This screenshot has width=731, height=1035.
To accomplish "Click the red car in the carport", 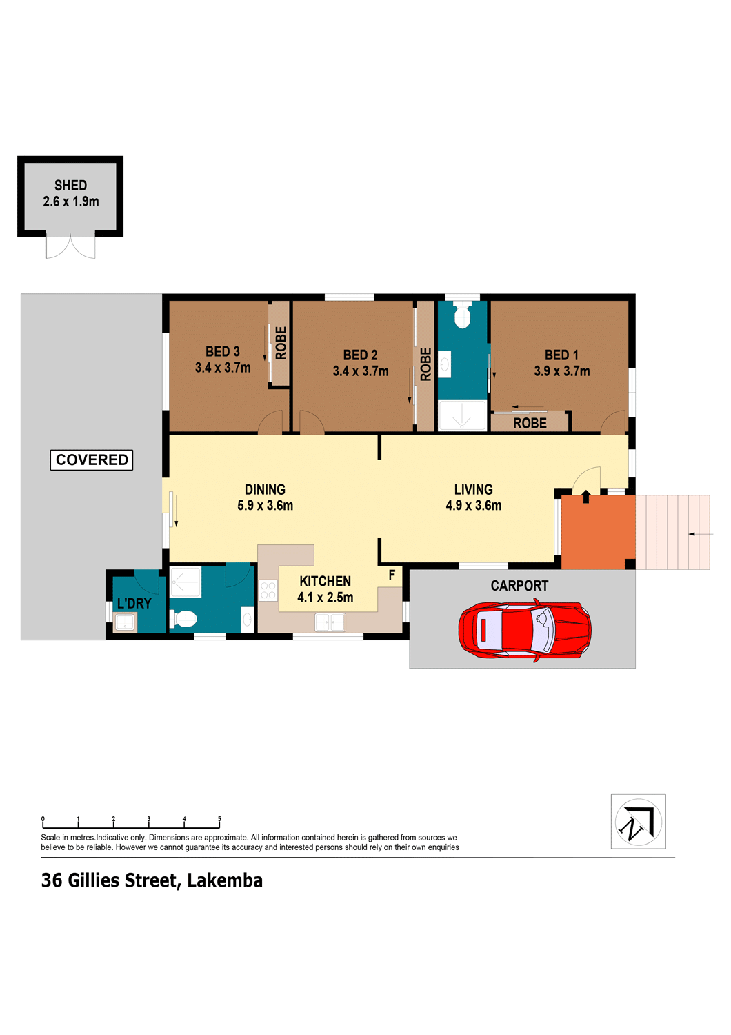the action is (x=524, y=630).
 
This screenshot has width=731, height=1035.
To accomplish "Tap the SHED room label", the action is (x=70, y=186).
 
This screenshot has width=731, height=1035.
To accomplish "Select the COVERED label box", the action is (x=92, y=460).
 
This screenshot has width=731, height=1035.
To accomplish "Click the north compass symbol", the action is (x=638, y=822).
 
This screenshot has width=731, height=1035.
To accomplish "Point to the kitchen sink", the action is (x=330, y=622).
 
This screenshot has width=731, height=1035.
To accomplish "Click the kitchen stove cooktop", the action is (x=268, y=591).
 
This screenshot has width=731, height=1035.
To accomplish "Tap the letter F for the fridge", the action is (x=392, y=575).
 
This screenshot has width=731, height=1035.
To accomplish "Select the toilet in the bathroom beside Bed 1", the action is (x=462, y=315).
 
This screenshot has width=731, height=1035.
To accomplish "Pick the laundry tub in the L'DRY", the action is (x=125, y=622).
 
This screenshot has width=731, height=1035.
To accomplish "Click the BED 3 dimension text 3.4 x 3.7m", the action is (x=223, y=368).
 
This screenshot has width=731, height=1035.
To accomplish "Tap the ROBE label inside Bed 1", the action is (x=530, y=423).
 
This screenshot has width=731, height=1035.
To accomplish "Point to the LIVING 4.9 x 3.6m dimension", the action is (x=473, y=506).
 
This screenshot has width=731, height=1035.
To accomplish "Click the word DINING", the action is (x=265, y=489).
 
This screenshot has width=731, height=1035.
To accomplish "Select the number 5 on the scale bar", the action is (x=219, y=819).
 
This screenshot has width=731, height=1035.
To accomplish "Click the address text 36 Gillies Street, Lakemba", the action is (x=152, y=880).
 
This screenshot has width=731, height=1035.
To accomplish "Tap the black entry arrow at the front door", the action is (x=585, y=497).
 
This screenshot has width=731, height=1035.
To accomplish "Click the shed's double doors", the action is (x=70, y=246).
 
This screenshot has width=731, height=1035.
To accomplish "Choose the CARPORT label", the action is (x=519, y=586).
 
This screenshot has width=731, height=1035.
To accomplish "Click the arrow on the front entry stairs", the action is (x=700, y=534).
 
